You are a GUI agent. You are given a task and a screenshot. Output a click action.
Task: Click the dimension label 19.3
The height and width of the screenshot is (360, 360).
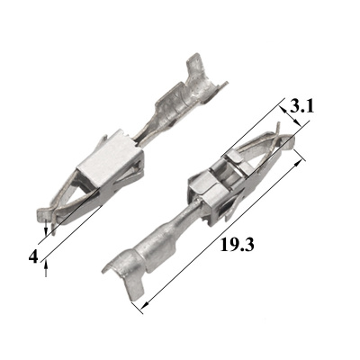[238, 245]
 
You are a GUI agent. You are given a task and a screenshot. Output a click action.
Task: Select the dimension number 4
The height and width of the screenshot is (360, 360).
[33, 256]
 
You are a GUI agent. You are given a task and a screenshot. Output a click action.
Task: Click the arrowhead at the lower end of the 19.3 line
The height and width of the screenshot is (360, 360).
[145, 305]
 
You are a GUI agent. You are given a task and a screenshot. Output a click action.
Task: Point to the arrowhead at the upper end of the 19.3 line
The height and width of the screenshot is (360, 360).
[297, 164]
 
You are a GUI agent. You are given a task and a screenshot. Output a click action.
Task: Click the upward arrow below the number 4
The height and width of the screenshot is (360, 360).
[46, 268]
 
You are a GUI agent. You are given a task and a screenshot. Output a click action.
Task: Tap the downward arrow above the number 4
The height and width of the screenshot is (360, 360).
[46, 228]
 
